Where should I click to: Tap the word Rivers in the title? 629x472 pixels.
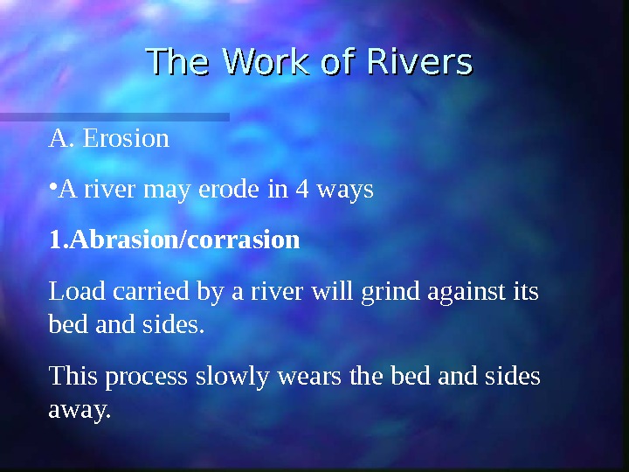click(x=419, y=63)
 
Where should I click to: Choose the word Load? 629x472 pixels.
click(x=71, y=291)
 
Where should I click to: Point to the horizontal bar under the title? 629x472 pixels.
click(x=114, y=116)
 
